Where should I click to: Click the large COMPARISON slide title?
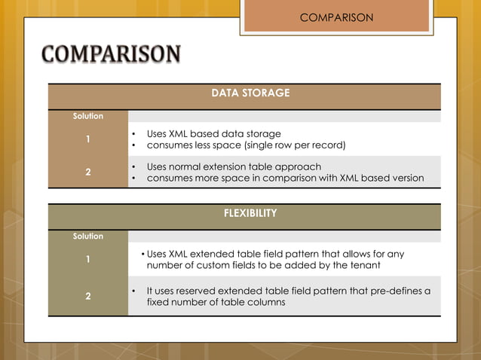click(111, 56)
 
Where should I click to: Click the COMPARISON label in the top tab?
click(336, 17)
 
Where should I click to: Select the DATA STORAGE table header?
click(250, 93)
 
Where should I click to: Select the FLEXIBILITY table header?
click(250, 213)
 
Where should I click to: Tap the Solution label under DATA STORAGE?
click(88, 116)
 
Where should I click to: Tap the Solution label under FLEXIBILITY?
click(88, 236)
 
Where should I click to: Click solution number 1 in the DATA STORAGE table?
click(88, 139)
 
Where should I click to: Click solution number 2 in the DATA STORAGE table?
click(88, 172)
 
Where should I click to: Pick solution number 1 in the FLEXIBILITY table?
click(88, 260)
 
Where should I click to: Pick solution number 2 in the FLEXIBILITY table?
click(88, 296)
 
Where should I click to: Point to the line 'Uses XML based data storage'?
click(213, 133)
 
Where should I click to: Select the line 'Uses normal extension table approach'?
click(234, 166)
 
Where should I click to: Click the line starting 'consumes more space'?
click(285, 178)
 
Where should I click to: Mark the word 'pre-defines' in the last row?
click(396, 290)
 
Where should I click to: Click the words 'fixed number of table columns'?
click(216, 302)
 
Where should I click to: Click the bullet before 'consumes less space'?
click(133, 145)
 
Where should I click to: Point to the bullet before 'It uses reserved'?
click(133, 290)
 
